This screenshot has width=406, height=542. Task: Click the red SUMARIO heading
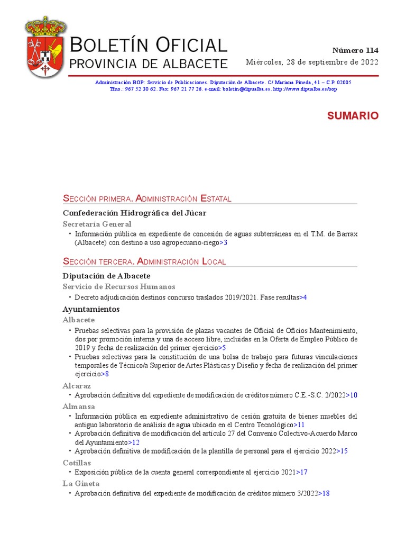[353, 116]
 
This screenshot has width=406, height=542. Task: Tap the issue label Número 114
[355, 51]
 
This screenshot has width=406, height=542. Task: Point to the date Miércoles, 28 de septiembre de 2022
[312, 62]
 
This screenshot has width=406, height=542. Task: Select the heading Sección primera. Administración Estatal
[147, 198]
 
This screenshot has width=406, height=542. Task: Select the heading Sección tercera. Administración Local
[144, 261]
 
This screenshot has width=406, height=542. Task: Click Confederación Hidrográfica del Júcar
[134, 213]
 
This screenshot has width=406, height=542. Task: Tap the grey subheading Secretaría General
[97, 224]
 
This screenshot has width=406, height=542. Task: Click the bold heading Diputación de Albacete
[106, 276]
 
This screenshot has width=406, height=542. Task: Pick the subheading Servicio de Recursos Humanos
[118, 286]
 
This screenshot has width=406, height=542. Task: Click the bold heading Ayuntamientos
[91, 309]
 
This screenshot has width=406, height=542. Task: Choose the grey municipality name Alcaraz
[77, 386]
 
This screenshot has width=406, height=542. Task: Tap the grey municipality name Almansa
[79, 406]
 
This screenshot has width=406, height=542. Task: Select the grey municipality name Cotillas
[77, 463]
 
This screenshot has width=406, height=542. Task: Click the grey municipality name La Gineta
[81, 483]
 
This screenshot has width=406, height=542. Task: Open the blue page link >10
[353, 395]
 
